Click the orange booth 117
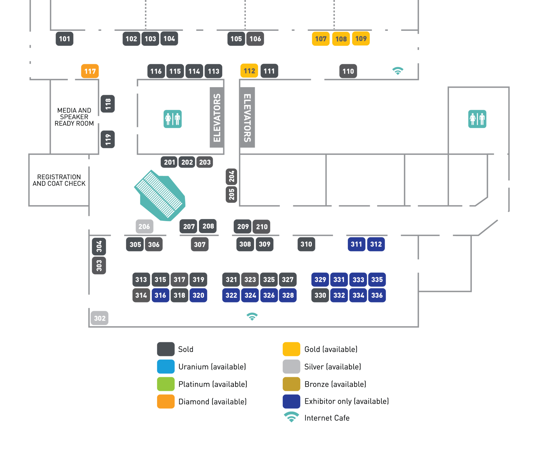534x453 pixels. point(90,71)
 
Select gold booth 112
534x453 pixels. point(249,71)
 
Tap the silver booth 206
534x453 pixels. point(144,227)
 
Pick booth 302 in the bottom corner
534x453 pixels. point(100,318)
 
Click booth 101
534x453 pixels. point(64,39)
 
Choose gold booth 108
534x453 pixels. point(341,39)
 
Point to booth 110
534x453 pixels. point(348,71)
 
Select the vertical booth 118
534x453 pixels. point(108,104)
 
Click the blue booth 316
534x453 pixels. point(160,295)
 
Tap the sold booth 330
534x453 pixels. point(320,295)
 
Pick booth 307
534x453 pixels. point(200,245)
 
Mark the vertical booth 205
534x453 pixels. point(232,194)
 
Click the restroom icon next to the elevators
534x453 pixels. point(173,119)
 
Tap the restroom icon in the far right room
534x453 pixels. point(477,119)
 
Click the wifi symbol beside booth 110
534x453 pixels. point(398,71)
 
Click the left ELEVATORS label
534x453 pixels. point(217,117)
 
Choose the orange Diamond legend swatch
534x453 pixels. point(166,401)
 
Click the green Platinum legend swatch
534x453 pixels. point(166,384)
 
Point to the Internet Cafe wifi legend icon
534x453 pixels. point(292,417)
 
